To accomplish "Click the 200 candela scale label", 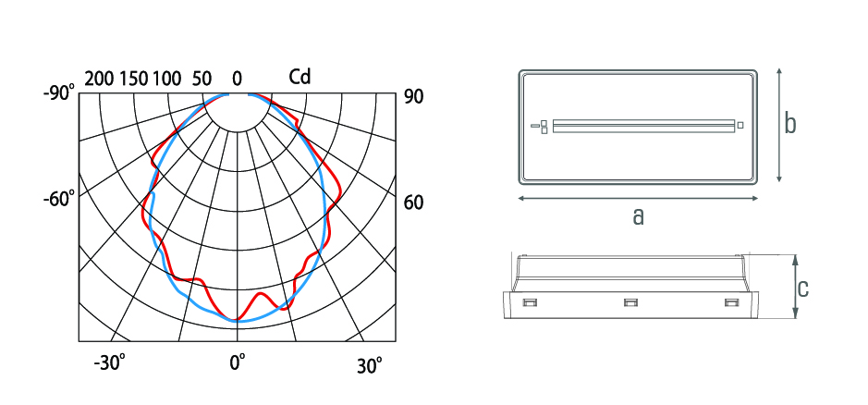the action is [x=99, y=80].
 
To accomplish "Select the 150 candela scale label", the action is [x=132, y=80].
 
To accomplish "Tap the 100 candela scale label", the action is [x=166, y=80].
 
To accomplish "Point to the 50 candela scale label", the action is [x=202, y=80].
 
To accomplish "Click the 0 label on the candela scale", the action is [x=237, y=80].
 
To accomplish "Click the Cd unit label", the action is [x=300, y=77].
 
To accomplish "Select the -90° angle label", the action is [x=58, y=93].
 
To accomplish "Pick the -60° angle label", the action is [x=58, y=199].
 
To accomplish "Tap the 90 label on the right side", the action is [x=413, y=97].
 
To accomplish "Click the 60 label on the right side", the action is [x=413, y=202].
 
